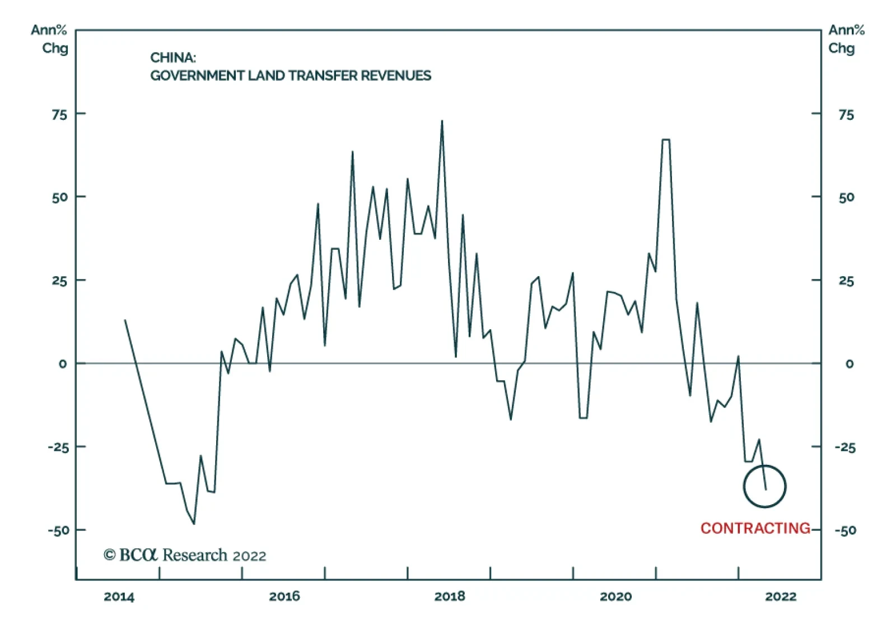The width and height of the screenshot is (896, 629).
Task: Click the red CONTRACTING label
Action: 755,528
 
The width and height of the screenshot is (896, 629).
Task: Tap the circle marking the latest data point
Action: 764,486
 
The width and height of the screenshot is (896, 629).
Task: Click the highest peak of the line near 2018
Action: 442,121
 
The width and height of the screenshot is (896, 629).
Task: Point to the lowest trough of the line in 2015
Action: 194,524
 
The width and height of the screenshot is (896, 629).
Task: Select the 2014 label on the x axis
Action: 119,597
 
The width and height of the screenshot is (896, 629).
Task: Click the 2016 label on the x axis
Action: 284,597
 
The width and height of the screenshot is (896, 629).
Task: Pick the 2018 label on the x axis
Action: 450,597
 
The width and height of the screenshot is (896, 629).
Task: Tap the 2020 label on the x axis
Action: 615,597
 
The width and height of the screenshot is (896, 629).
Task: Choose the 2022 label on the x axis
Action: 781,597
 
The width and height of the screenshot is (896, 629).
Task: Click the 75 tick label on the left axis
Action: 59,115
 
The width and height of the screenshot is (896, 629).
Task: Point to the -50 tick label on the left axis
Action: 58,530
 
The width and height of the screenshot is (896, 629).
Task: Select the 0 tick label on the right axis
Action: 849,364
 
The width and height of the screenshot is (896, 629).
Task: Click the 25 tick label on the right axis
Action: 846,281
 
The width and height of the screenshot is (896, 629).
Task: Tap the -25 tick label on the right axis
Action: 844,447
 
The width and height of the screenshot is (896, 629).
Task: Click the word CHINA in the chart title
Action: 172,58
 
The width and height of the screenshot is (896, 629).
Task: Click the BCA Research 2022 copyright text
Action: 185,555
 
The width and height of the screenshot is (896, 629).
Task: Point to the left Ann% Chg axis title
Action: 50,39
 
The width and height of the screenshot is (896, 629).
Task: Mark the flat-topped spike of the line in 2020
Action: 666,139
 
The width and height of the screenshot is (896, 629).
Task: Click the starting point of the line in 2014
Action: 125,320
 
